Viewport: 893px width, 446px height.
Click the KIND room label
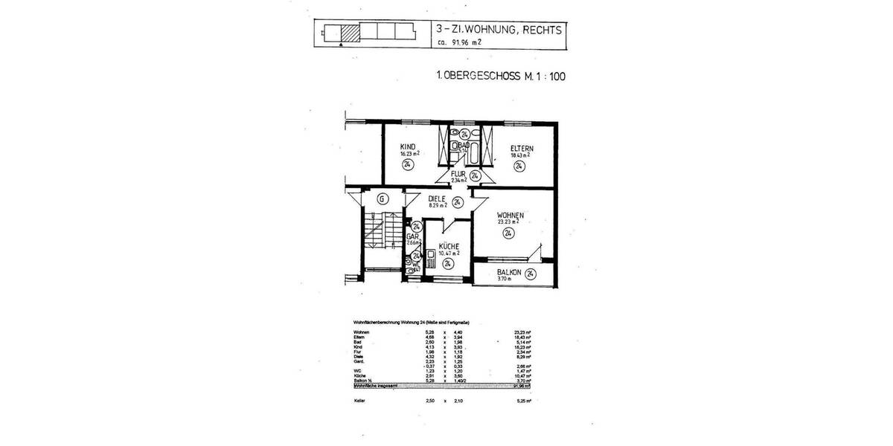(x=407, y=146)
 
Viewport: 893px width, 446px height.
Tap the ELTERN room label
(x=521, y=148)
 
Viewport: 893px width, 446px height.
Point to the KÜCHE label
(x=448, y=246)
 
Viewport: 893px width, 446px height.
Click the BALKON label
(x=510, y=273)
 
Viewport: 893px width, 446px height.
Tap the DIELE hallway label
(x=437, y=198)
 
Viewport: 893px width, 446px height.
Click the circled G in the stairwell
(x=382, y=198)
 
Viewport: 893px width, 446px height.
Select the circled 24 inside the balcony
(x=530, y=274)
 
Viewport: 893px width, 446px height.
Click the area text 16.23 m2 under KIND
(x=409, y=154)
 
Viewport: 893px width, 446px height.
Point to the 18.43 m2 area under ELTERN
(x=519, y=155)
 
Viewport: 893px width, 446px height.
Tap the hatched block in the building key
(x=349, y=33)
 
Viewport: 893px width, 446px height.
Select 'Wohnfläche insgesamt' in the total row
(x=370, y=386)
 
